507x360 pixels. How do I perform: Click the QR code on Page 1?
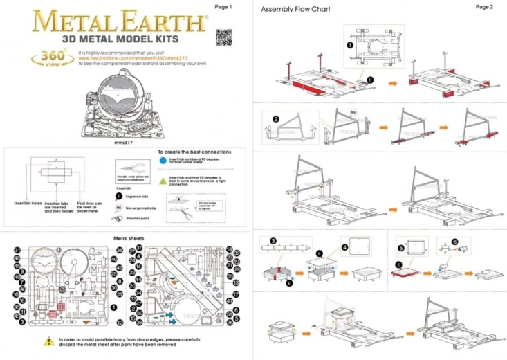pyautogui.click(x=222, y=36)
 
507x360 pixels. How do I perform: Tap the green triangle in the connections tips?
pyautogui.click(x=162, y=178)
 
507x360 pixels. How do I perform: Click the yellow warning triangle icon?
pyautogui.click(x=48, y=341)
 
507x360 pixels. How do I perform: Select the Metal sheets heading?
pyautogui.click(x=127, y=238)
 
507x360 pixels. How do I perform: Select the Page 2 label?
pyautogui.click(x=484, y=7)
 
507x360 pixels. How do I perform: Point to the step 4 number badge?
pyautogui.click(x=344, y=247)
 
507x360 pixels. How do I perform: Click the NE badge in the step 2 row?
pyautogui.click(x=353, y=111)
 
